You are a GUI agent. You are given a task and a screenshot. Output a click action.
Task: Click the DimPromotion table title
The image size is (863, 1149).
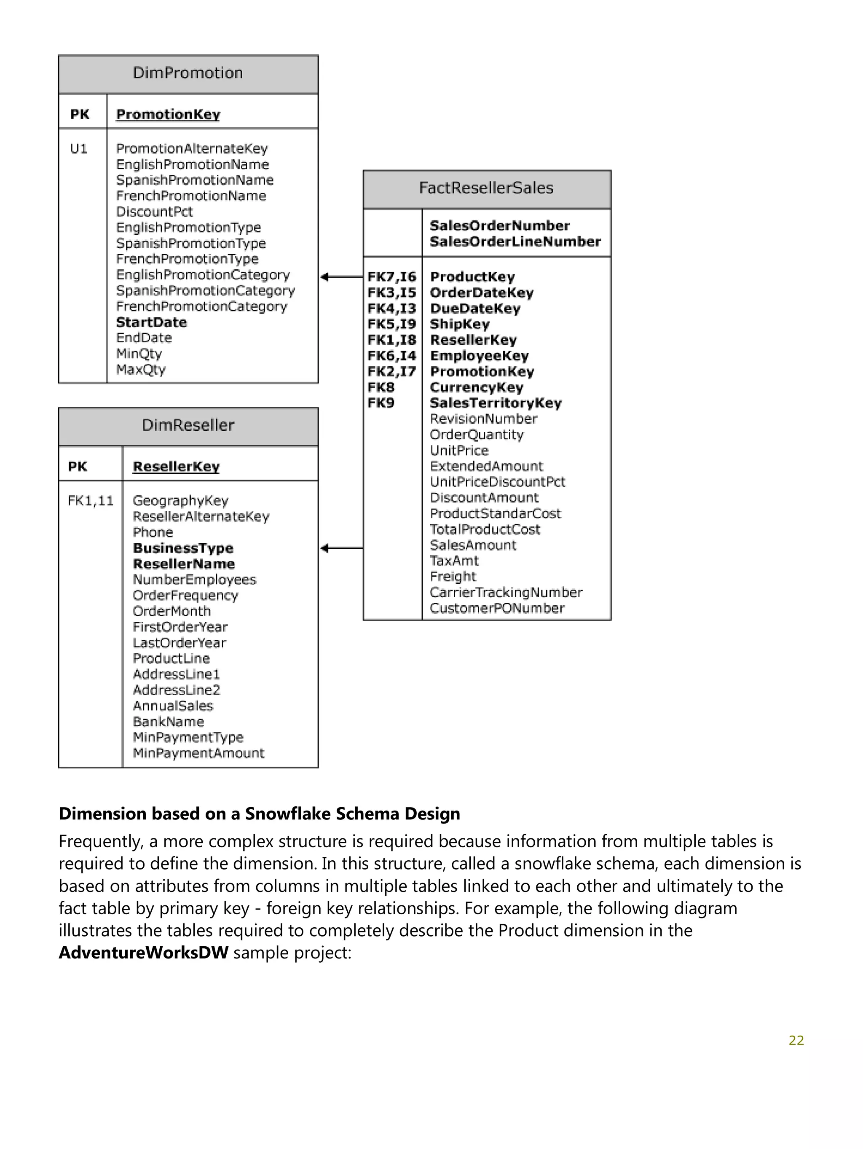[188, 73]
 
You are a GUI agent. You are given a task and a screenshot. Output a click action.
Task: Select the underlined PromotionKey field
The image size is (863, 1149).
[168, 114]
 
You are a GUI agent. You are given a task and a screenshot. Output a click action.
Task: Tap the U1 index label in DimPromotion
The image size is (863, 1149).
[78, 149]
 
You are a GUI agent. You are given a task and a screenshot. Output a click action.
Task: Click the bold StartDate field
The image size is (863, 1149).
[151, 322]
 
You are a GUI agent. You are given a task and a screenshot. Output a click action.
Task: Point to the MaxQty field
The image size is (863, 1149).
[141, 369]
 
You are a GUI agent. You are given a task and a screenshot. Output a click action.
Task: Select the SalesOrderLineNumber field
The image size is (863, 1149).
[515, 242]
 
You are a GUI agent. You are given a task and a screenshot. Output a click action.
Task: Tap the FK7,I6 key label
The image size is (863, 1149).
[391, 277]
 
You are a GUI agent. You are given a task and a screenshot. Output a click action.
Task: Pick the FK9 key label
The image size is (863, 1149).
[381, 403]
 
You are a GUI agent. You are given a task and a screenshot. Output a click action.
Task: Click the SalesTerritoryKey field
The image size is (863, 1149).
[496, 403]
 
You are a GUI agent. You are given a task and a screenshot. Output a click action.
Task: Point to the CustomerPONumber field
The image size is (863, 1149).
[497, 608]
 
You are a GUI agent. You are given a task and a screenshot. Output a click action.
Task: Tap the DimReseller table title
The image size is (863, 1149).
[188, 425]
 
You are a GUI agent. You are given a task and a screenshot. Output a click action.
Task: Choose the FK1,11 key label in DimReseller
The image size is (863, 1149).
[90, 501]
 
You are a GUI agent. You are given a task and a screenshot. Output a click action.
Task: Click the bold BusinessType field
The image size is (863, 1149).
[183, 548]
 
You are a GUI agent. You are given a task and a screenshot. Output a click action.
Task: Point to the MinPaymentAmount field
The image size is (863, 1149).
[198, 753]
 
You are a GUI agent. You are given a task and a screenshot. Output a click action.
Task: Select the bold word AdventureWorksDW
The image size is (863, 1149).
[143, 953]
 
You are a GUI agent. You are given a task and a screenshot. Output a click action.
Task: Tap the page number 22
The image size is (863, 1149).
[796, 1040]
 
